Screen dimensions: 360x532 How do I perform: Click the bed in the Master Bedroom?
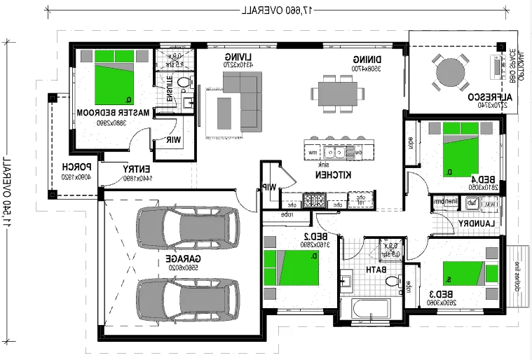click(116, 77)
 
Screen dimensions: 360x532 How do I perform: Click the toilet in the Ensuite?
click(184, 83)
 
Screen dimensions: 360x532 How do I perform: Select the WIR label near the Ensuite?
click(172, 139)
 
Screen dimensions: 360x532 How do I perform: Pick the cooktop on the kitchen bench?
click(315, 201)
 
